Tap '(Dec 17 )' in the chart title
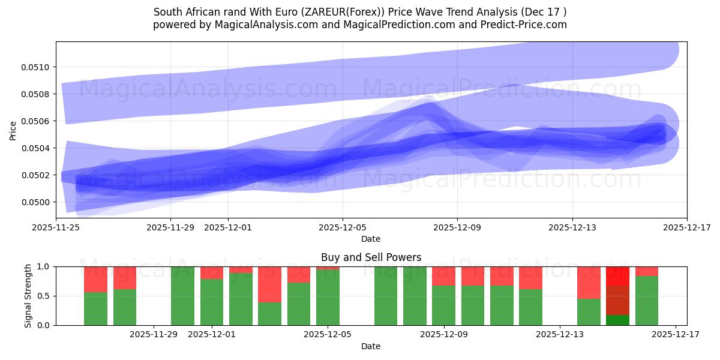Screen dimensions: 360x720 [544, 12]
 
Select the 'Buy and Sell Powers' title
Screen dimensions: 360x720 [371, 257]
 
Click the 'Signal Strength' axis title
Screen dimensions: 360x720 [28, 296]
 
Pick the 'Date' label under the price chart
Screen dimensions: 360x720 [371, 239]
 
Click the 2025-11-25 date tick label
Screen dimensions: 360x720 [56, 227]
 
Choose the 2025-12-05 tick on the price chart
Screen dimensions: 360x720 [343, 227]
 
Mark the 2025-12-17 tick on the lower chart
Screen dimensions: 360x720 [676, 334]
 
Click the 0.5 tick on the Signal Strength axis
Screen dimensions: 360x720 [44, 296]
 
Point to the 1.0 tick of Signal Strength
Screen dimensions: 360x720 [44, 266]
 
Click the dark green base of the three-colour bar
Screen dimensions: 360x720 [617, 320]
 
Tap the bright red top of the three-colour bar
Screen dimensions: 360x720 [617, 276]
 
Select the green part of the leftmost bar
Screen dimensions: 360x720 [95, 308]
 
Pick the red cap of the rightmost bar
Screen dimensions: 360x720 [646, 271]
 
